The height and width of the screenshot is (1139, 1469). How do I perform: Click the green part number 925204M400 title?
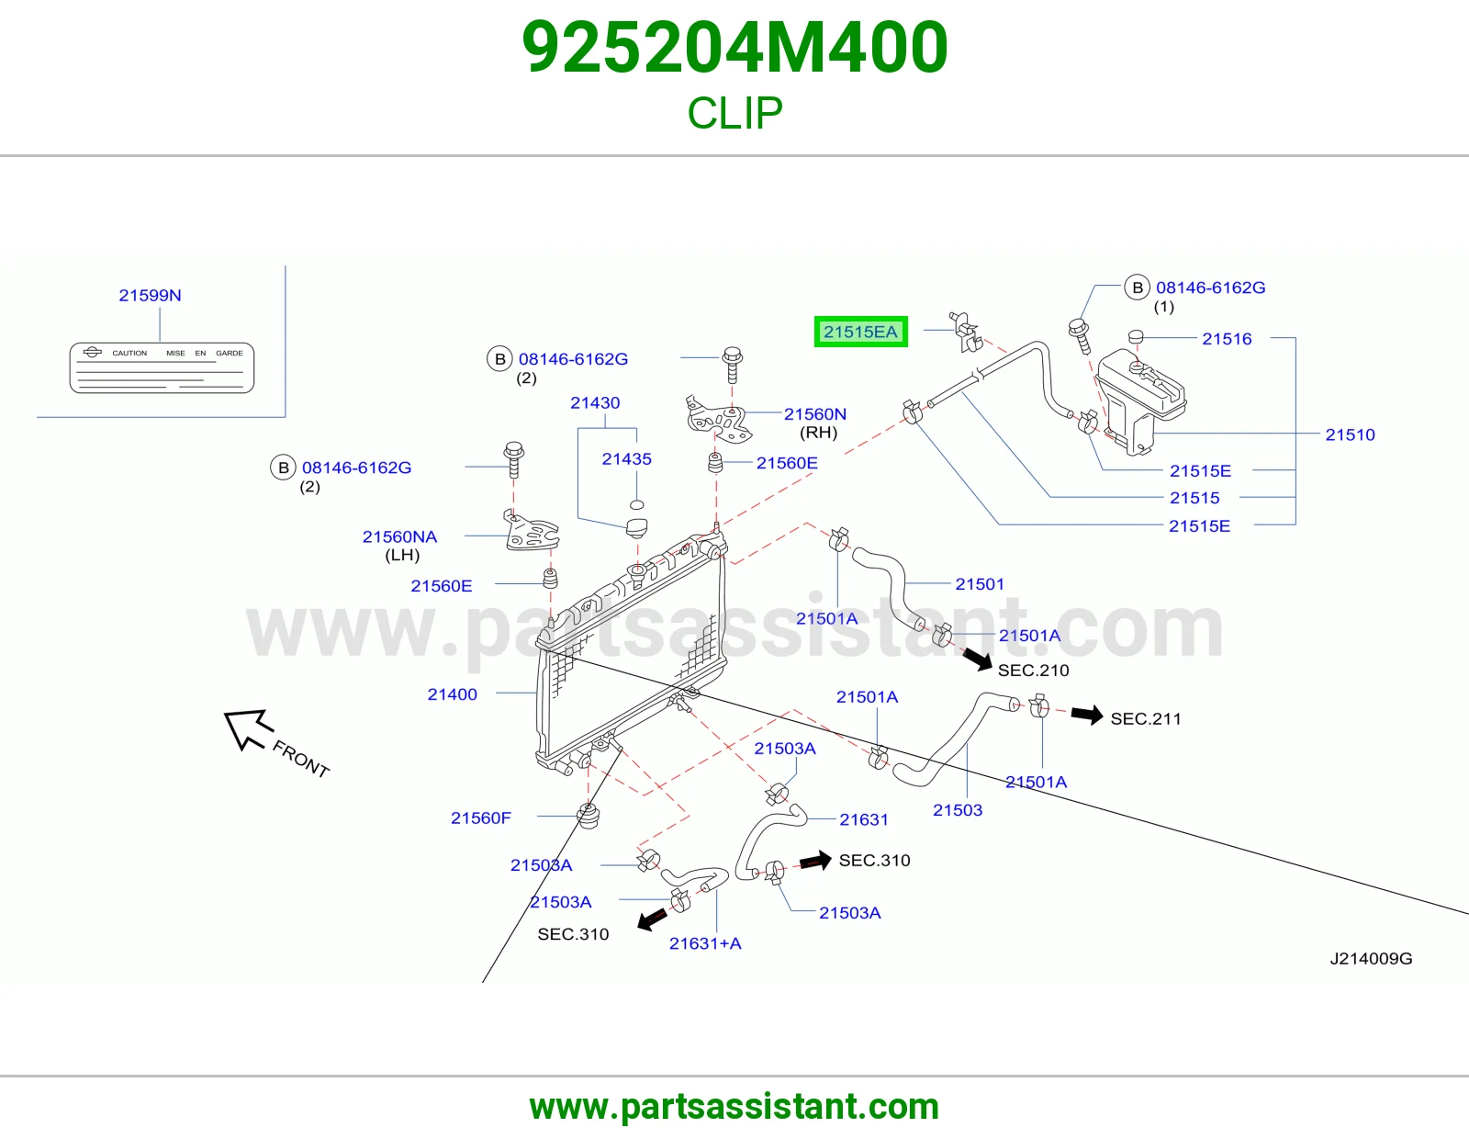pyautogui.click(x=734, y=48)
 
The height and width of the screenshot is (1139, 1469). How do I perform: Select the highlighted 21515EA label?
pyautogui.click(x=860, y=332)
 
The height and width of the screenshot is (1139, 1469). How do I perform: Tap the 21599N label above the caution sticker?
pyautogui.click(x=150, y=295)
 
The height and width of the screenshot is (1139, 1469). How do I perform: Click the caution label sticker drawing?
pyautogui.click(x=162, y=367)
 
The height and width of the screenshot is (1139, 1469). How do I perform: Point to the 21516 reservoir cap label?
pyautogui.click(x=1227, y=338)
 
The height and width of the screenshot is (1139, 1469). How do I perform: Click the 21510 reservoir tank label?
pyautogui.click(x=1350, y=434)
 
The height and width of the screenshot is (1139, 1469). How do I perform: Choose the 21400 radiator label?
pyautogui.click(x=453, y=694)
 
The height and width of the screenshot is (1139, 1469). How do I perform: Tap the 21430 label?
pyautogui.click(x=595, y=402)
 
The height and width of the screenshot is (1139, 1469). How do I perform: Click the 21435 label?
pyautogui.click(x=627, y=458)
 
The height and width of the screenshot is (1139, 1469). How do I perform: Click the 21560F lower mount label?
pyautogui.click(x=481, y=818)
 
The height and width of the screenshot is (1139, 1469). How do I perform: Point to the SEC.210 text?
pyautogui.click(x=1034, y=670)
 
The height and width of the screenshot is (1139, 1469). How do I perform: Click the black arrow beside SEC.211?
pyautogui.click(x=1087, y=715)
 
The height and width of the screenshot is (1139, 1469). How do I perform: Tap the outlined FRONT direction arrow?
pyautogui.click(x=249, y=728)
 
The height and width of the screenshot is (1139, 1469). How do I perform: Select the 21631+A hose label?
pyautogui.click(x=705, y=942)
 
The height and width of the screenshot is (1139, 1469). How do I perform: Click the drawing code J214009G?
pyautogui.click(x=1371, y=958)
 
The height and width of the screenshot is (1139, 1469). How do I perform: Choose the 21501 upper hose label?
pyautogui.click(x=980, y=583)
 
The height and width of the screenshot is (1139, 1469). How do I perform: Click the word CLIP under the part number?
pyautogui.click(x=734, y=113)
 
